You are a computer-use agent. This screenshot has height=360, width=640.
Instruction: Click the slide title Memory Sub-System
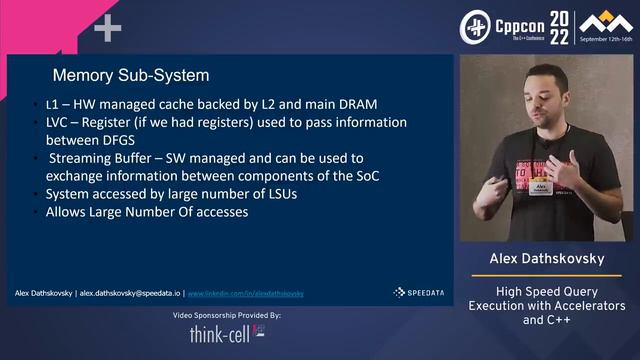(x=130, y=75)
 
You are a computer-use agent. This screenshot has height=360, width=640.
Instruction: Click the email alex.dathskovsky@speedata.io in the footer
(x=130, y=294)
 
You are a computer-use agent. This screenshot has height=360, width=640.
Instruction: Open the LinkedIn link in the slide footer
(x=246, y=294)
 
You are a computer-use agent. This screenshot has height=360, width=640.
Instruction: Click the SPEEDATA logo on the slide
(x=413, y=293)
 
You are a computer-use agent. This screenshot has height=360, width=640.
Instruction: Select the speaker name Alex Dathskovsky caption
(x=547, y=259)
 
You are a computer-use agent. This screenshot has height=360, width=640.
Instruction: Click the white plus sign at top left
(x=107, y=28)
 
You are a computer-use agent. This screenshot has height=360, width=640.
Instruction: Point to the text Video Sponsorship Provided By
(x=228, y=315)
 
